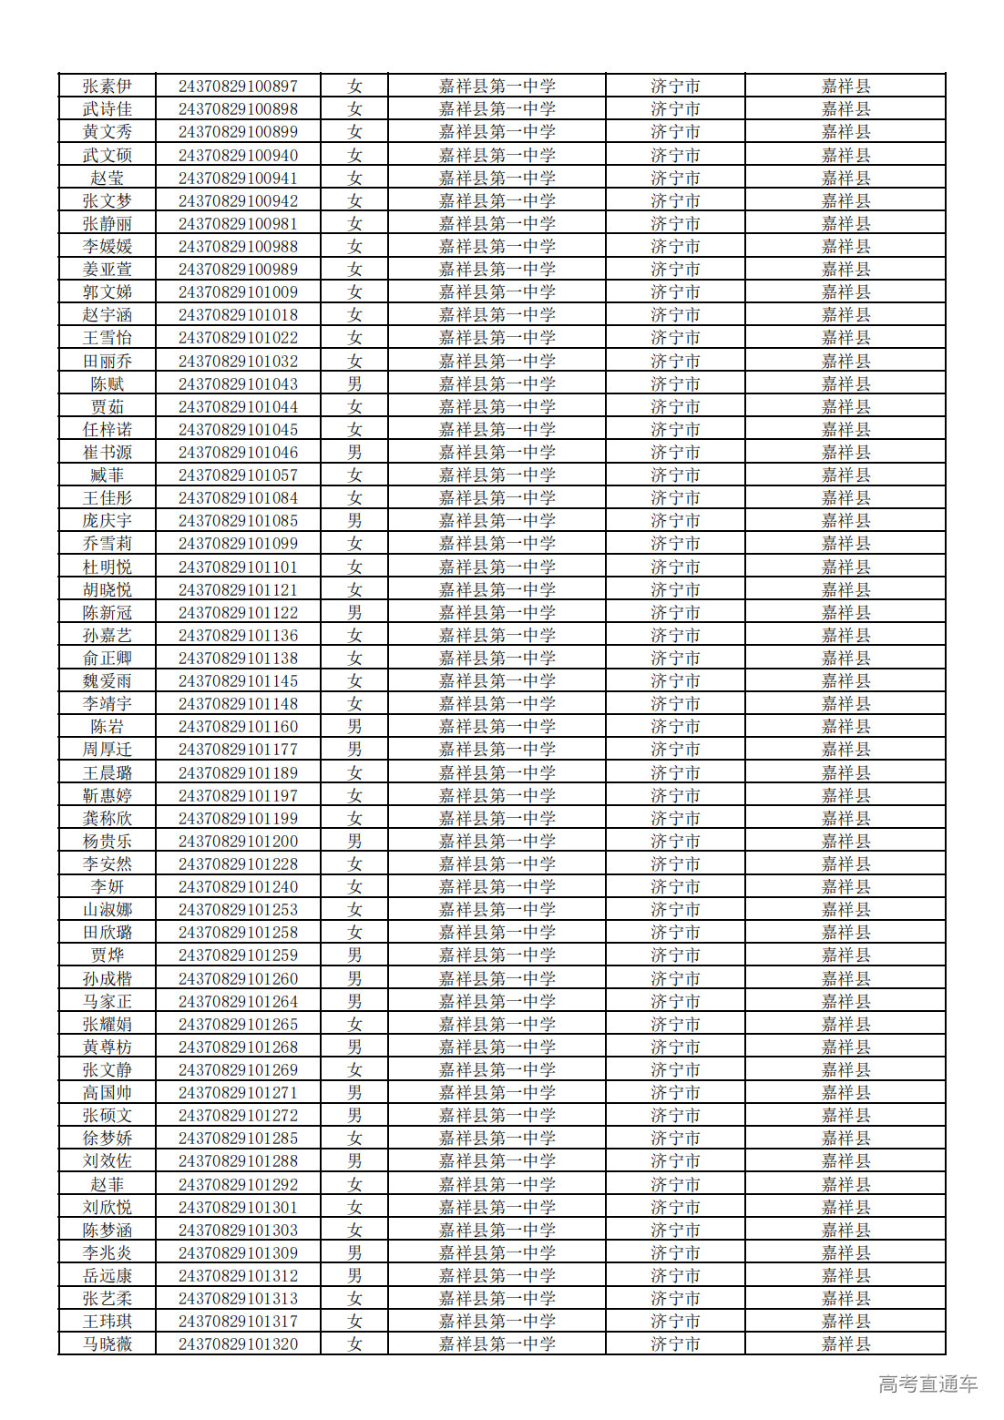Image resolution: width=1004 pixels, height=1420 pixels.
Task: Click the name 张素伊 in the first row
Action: coord(108,87)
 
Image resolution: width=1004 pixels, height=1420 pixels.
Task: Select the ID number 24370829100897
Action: coord(238,87)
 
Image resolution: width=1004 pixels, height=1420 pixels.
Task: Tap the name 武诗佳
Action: coord(108,109)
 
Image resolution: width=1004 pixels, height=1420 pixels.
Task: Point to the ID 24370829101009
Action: coord(238,292)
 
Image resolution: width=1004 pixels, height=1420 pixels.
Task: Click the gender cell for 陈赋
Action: coord(354,384)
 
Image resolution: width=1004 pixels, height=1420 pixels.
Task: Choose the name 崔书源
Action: coord(108,453)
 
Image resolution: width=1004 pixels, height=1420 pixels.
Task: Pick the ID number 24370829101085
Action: coord(238,521)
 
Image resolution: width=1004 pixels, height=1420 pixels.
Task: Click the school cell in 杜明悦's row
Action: coord(497,567)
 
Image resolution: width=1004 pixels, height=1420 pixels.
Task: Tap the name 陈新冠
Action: coord(108,613)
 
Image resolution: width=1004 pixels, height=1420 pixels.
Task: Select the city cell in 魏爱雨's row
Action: coord(675,681)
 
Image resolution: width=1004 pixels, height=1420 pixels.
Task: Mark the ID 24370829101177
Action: coord(238,750)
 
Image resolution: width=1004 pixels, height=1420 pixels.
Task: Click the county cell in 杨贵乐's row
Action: coord(845,842)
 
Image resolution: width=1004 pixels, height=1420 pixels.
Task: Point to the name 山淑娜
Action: coord(108,910)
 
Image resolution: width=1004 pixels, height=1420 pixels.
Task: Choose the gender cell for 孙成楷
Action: coord(354,979)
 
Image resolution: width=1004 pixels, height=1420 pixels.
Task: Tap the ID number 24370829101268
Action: coord(238,1047)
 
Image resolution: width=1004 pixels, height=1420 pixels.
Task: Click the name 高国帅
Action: coord(108,1093)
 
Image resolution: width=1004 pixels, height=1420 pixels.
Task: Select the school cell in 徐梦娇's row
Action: coord(497,1139)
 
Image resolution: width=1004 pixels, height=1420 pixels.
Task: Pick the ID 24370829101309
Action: coord(238,1253)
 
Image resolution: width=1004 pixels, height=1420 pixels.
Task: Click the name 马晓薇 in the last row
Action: coord(108,1344)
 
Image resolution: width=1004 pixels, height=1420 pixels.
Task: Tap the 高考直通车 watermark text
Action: coord(927,1384)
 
